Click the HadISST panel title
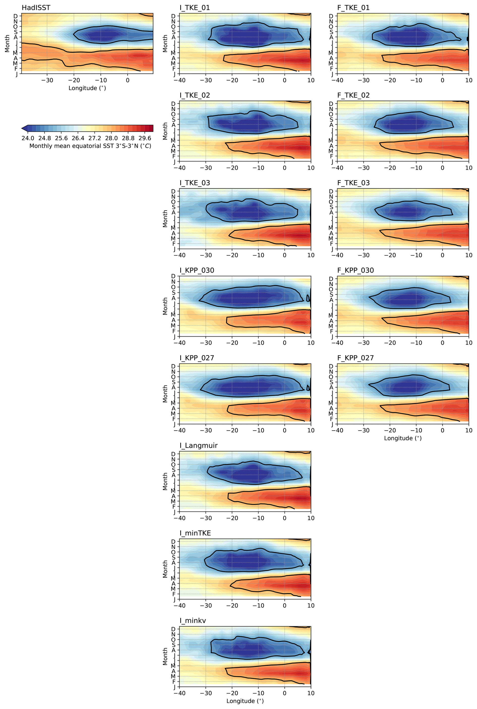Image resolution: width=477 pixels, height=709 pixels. click(36, 8)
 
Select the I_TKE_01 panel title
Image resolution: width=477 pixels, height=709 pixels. click(195, 8)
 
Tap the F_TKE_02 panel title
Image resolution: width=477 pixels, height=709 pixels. click(353, 95)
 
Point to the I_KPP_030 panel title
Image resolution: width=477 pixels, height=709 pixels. click(197, 271)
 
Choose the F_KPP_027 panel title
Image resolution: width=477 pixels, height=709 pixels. click(355, 358)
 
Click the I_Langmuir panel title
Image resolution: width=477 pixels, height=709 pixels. click(198, 446)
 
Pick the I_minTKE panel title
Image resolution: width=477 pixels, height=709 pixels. click(195, 533)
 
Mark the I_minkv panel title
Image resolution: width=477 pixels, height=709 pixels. click(193, 621)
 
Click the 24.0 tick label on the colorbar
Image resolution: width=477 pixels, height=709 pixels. click(28, 139)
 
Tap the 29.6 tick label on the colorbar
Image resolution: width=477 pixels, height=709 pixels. click(145, 139)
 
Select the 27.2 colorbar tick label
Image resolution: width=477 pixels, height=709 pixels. click(95, 139)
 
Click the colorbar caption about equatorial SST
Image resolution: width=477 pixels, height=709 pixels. click(90, 146)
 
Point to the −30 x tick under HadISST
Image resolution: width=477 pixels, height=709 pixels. click(47, 81)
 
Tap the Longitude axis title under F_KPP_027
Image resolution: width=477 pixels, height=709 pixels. click(403, 438)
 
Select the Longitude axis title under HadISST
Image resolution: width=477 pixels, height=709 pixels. click(87, 88)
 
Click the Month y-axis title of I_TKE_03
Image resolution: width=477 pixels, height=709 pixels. click(165, 219)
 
